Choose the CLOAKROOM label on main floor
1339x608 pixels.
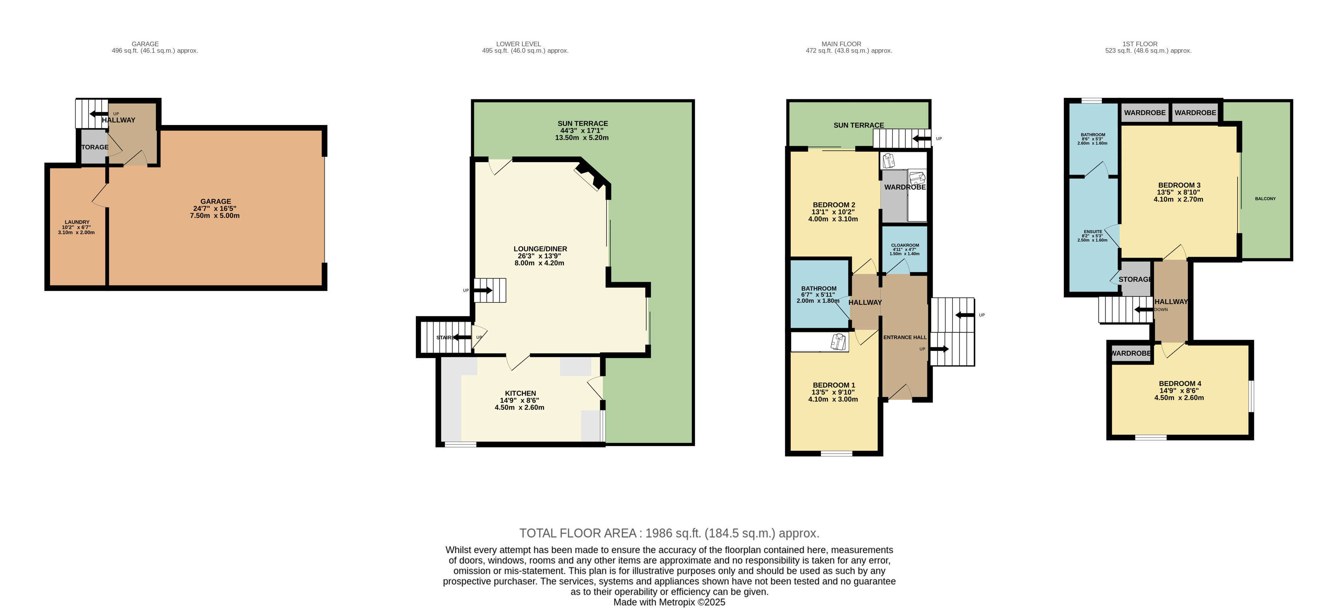point(905,249)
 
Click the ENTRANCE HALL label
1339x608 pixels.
point(905,337)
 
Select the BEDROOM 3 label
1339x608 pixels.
point(1179,192)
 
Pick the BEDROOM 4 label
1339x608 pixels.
point(1179,391)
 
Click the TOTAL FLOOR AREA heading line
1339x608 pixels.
point(669,533)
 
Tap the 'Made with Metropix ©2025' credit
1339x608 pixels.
point(669,602)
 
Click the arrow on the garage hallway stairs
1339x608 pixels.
point(97,114)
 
